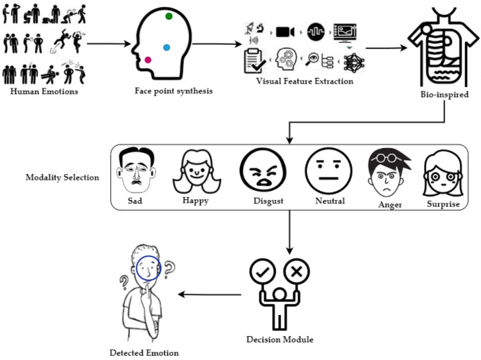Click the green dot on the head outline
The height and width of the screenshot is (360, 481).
click(x=169, y=16)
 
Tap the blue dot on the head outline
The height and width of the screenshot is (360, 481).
click(x=166, y=48)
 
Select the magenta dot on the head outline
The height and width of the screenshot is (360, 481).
click(x=148, y=60)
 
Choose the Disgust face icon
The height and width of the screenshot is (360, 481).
click(x=260, y=171)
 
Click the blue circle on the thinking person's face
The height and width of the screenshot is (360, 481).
click(x=148, y=267)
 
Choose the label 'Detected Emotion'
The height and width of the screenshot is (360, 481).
click(x=144, y=352)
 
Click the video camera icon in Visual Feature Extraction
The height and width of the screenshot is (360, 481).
click(x=284, y=31)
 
